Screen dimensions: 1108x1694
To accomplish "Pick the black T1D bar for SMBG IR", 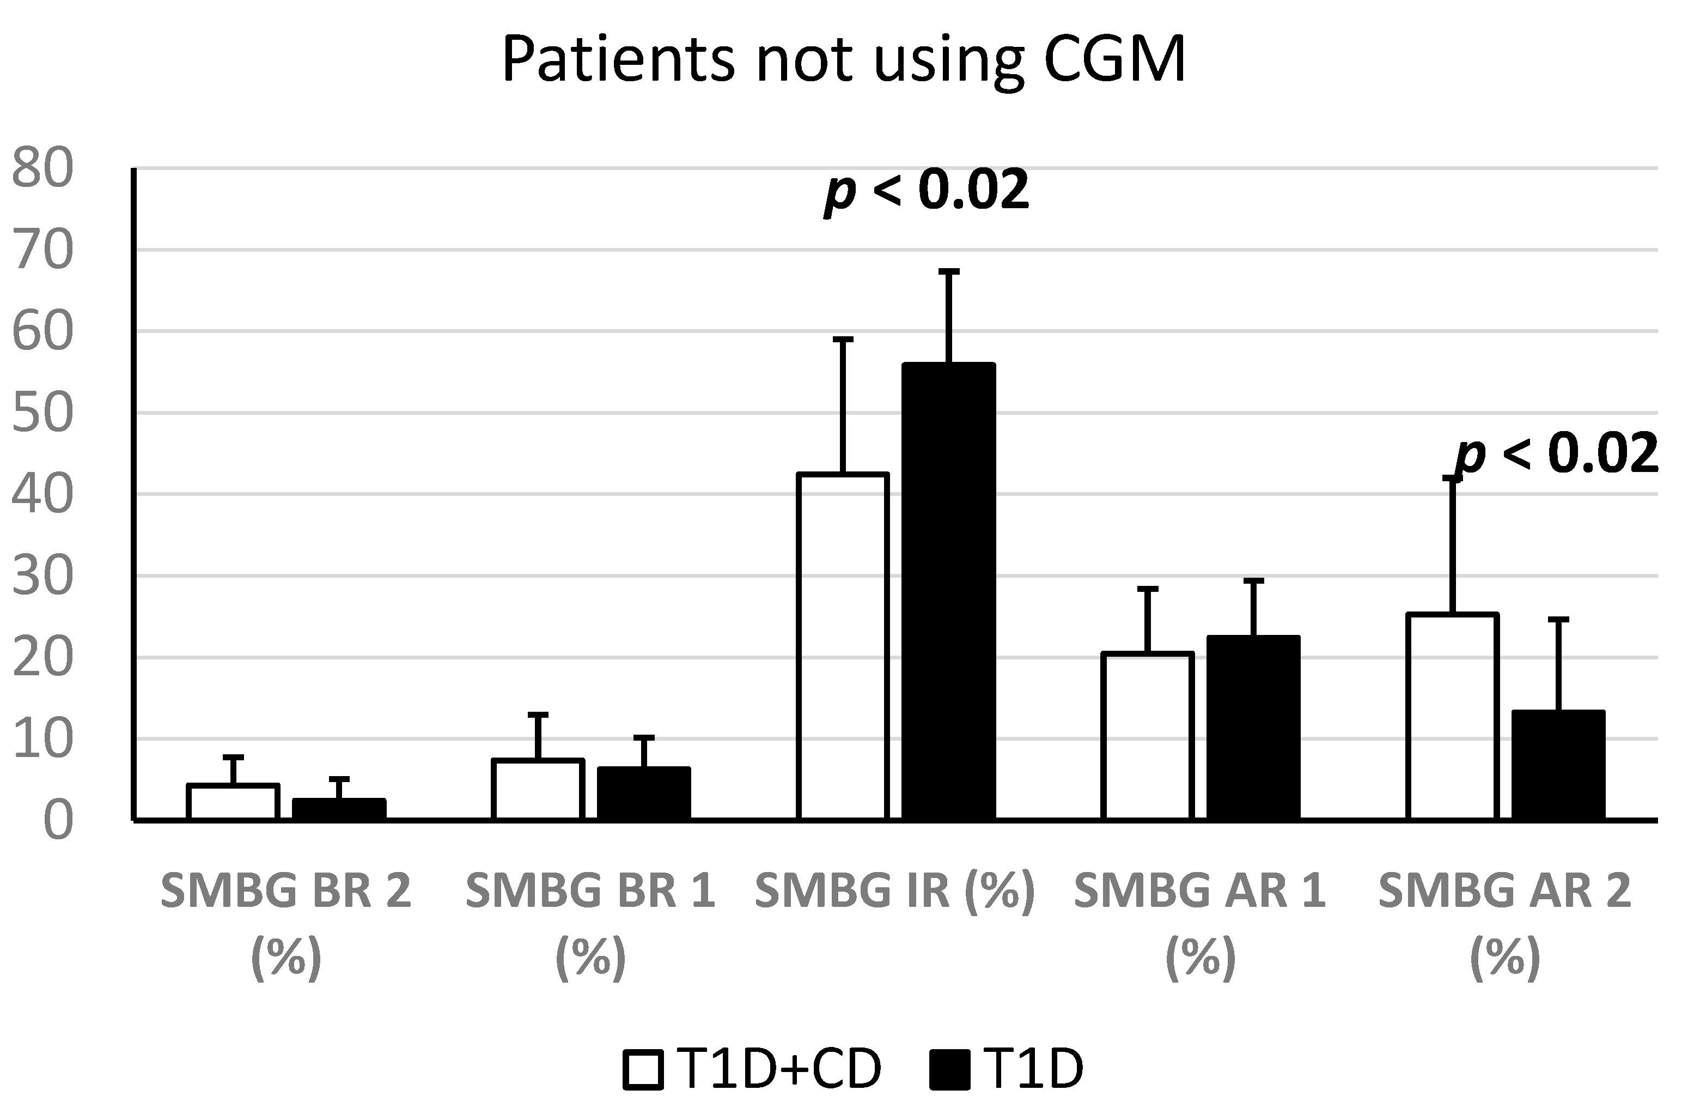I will pos(949,591).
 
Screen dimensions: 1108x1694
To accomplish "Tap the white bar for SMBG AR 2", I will pos(1453,716).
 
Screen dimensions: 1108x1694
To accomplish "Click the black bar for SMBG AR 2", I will pos(1558,766).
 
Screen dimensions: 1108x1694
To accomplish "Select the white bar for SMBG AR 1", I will pos(1147,736).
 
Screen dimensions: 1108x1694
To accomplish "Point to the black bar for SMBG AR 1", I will pos(1253,728).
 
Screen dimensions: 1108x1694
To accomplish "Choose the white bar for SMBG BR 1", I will pos(538,790).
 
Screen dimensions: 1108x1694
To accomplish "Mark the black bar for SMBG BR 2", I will pos(339,810).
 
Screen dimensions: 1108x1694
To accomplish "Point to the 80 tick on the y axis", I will pos(42,169).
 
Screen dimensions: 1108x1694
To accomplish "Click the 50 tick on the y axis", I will pos(42,413).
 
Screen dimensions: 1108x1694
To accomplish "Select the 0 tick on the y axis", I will pos(58,821).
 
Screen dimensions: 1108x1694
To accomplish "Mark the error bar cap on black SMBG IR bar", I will pos(949,271).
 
